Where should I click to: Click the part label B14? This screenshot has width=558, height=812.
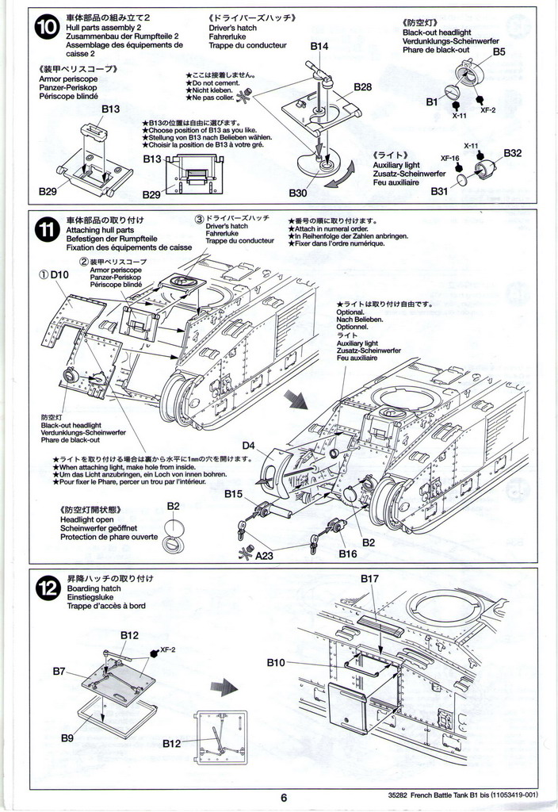(318, 46)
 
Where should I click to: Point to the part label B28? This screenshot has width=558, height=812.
(363, 86)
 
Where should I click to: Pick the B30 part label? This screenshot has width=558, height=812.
(297, 193)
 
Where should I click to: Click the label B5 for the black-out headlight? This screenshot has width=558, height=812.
(499, 52)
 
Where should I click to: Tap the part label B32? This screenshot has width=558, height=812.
(512, 153)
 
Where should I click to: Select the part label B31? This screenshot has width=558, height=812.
(440, 191)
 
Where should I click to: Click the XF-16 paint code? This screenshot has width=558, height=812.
(450, 159)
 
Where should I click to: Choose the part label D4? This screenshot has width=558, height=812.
(248, 446)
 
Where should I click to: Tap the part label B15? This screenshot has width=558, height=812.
(233, 494)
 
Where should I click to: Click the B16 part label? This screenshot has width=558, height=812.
(348, 554)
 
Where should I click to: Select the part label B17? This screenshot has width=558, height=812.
(369, 579)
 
